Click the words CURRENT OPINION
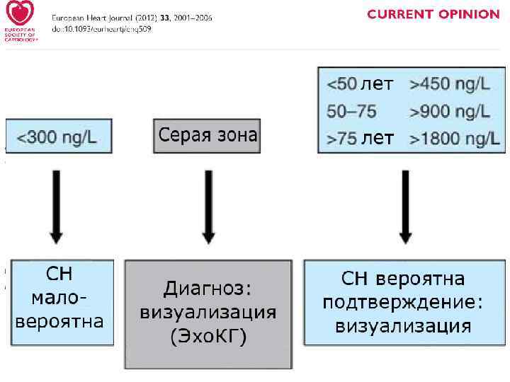433,14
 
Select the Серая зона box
207,135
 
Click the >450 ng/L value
449,85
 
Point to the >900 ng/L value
449,112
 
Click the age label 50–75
351,112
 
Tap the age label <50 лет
359,85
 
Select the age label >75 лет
359,139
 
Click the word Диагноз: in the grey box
208,289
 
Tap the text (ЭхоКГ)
208,337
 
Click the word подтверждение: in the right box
403,301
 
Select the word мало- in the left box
59,296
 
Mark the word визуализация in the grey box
208,313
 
